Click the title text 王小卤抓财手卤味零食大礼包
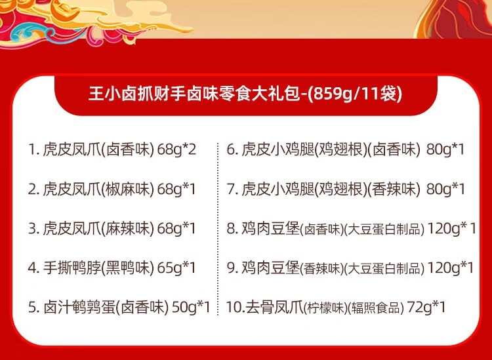194,94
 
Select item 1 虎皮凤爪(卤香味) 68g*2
112,150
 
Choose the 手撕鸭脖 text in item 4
72,268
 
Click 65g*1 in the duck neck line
176,268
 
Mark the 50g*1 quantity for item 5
191,308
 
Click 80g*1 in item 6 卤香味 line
445,150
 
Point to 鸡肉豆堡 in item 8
270,228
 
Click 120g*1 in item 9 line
450,268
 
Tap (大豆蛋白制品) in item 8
384,230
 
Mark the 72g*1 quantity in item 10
426,308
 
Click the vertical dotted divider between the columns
218,229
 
